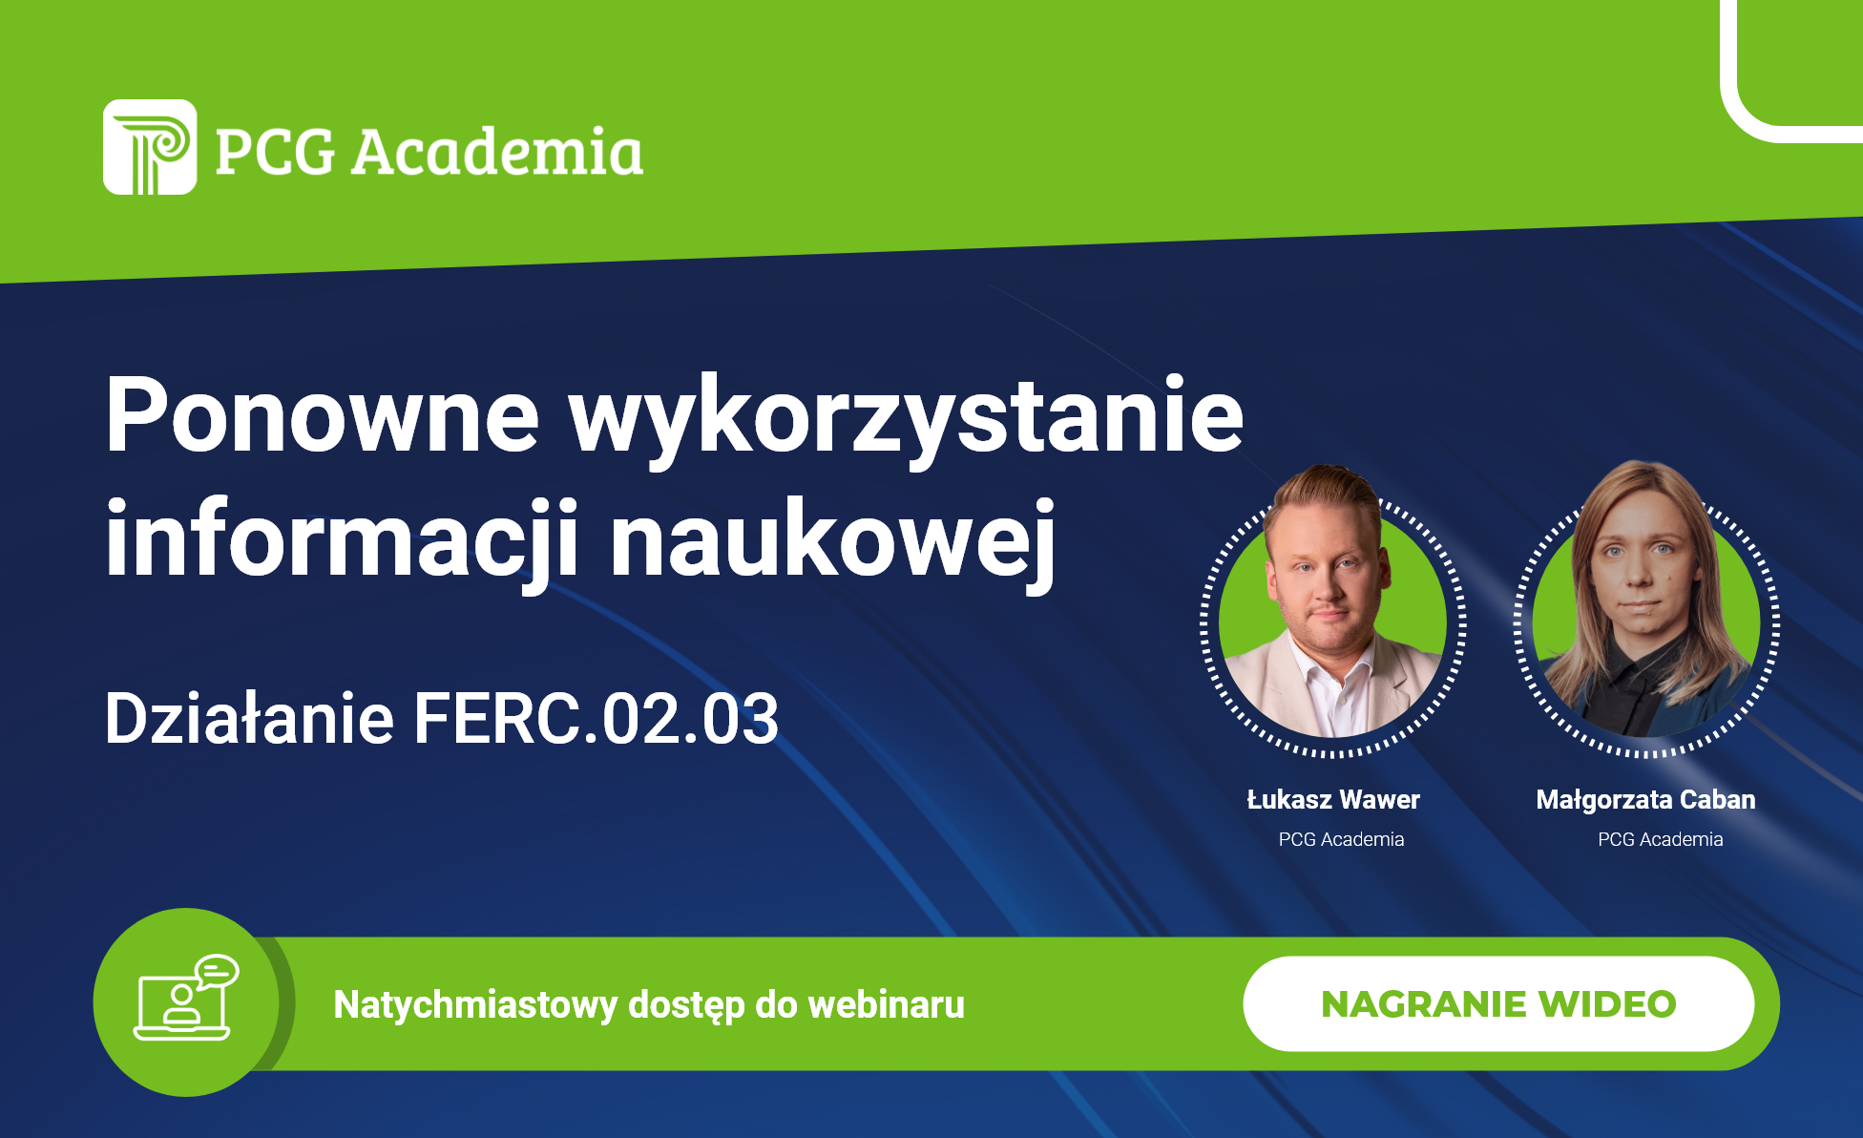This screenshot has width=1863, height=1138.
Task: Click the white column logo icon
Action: coord(150,147)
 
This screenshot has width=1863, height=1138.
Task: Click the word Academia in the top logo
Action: coord(497,152)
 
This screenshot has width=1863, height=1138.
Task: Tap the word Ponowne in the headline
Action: coord(323,414)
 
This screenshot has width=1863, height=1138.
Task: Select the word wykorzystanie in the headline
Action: coord(907,421)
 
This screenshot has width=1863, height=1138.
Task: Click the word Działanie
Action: coord(249,718)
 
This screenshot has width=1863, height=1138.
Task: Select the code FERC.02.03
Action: coord(597,718)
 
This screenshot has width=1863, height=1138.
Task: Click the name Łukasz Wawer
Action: coord(1333,799)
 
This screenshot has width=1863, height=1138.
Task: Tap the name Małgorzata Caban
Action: coord(1645,800)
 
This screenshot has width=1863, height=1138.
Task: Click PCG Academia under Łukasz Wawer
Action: coord(1341,839)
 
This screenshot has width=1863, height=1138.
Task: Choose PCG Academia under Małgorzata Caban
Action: coord(1661,839)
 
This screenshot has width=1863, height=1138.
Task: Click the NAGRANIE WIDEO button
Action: coord(1498,1003)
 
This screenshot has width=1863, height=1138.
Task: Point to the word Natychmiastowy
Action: coord(475,1005)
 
